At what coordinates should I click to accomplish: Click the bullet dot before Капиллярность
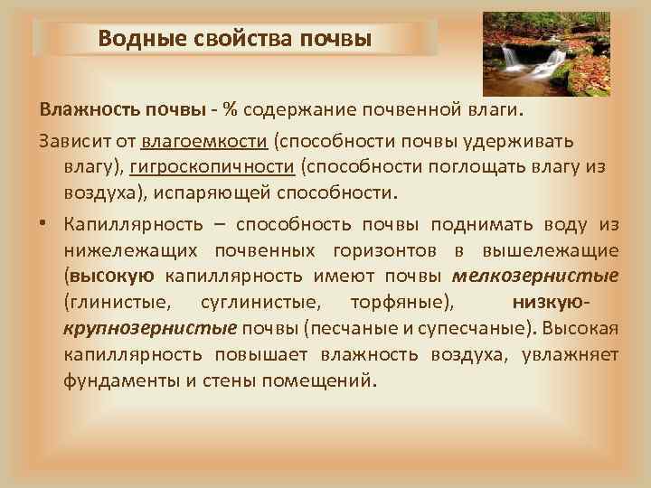pos(44,225)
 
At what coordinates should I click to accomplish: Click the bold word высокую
pos(113,275)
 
